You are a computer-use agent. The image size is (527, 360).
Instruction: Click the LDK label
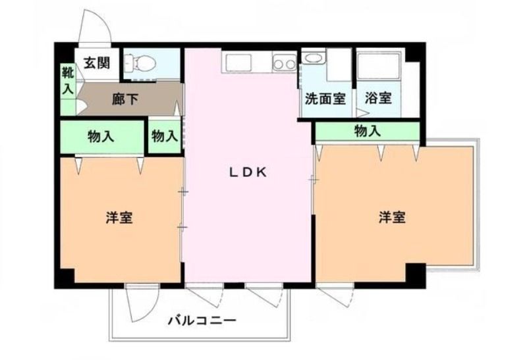pyautogui.click(x=248, y=172)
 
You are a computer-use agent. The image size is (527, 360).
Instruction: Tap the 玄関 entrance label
pyautogui.click(x=97, y=63)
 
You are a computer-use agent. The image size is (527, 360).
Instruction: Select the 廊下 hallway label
pyautogui.click(x=125, y=99)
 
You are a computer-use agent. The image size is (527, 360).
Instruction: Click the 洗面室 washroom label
pyautogui.click(x=325, y=99)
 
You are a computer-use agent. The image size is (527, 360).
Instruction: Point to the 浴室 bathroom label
pyautogui.click(x=378, y=98)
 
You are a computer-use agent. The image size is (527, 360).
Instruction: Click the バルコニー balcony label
pyautogui.click(x=202, y=321)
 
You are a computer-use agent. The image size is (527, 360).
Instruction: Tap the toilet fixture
pyautogui.click(x=140, y=63)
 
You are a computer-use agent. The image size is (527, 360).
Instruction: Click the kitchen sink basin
pyautogui.click(x=238, y=63)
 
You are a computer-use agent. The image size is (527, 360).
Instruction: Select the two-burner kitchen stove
pyautogui.click(x=285, y=63)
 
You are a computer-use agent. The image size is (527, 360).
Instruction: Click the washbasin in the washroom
pyautogui.click(x=314, y=57)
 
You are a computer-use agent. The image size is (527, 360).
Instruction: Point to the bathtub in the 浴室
pyautogui.click(x=379, y=66)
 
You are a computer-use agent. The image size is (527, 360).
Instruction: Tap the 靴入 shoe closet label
pyautogui.click(x=68, y=81)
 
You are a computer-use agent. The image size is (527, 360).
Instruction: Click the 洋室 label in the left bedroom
pyautogui.click(x=119, y=218)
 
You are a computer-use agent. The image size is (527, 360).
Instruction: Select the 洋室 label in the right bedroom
pyautogui.click(x=392, y=217)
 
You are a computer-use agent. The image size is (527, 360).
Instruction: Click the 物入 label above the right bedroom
pyautogui.click(x=368, y=130)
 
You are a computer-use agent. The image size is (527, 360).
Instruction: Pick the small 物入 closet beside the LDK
pyautogui.click(x=164, y=136)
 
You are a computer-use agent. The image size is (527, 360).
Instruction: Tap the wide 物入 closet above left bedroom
pyautogui.click(x=102, y=137)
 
